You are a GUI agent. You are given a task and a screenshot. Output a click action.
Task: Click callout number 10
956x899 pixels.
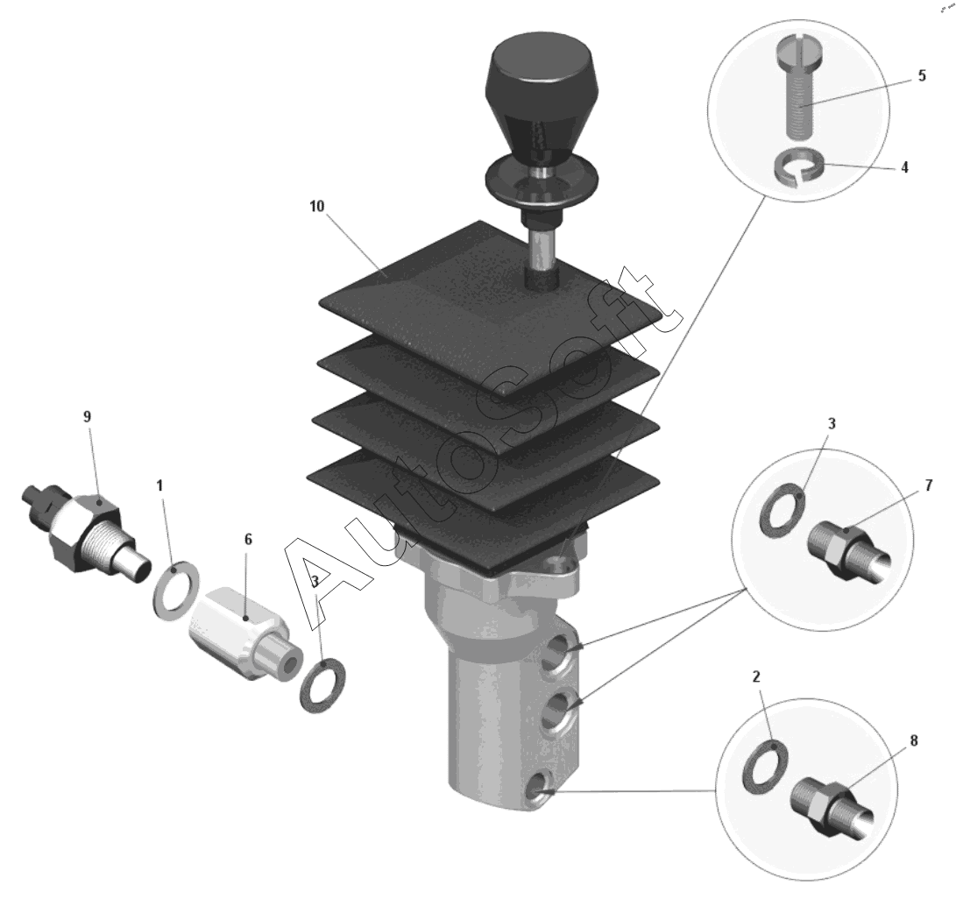pos(317,206)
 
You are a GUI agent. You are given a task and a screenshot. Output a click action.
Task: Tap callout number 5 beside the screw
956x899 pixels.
pos(921,75)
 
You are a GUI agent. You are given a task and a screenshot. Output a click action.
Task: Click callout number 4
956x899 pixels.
pos(904,167)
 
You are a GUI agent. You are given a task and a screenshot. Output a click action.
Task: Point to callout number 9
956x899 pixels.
pos(87,416)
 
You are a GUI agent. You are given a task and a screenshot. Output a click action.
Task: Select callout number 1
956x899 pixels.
pos(159,485)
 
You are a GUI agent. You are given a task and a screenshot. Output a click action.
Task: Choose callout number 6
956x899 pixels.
pos(248,540)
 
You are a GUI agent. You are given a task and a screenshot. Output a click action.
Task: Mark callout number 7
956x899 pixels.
pos(929,485)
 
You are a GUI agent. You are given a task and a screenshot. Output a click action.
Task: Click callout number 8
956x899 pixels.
pos(913,740)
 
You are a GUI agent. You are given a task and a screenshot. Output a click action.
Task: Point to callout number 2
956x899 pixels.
pos(756,676)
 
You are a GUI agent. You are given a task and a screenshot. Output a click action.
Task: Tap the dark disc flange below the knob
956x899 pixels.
pos(540,183)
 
